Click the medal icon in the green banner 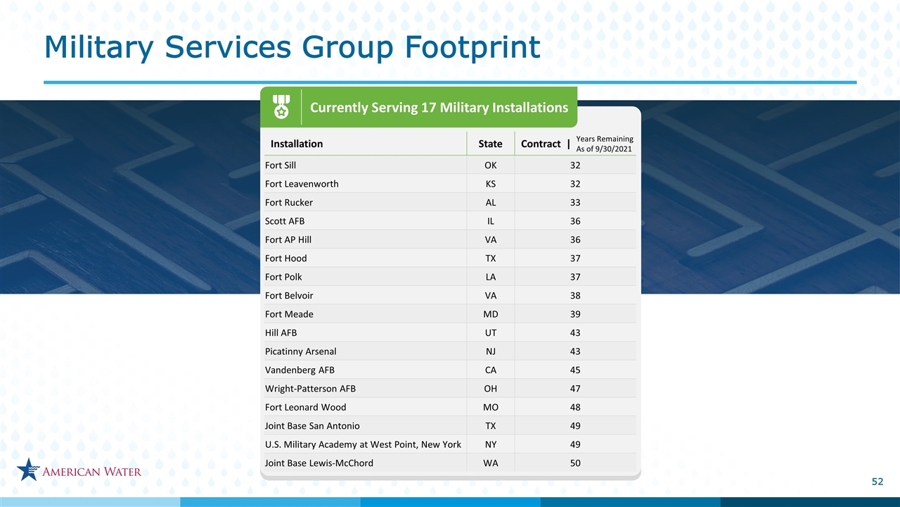point(281,106)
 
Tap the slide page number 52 point(877,482)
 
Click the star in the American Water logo point(28,469)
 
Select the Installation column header point(297,144)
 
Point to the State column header point(490,144)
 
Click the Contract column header point(541,144)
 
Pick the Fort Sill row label point(281,165)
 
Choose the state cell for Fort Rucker point(491,202)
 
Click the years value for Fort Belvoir point(575,296)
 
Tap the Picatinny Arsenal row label point(300,351)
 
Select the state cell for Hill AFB point(491,333)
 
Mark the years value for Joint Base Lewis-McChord point(575,463)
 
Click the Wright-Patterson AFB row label point(310,389)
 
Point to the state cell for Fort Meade point(491,314)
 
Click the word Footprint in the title point(472,47)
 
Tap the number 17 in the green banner point(429,108)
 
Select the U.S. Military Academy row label point(363,444)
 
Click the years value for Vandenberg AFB point(575,370)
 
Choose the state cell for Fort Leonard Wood point(491,407)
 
